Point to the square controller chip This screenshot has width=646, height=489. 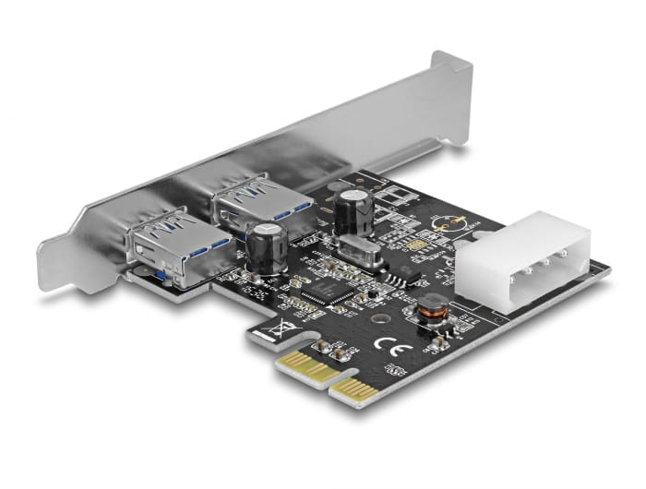click(319, 293)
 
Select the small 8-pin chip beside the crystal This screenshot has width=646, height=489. click(400, 275)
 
